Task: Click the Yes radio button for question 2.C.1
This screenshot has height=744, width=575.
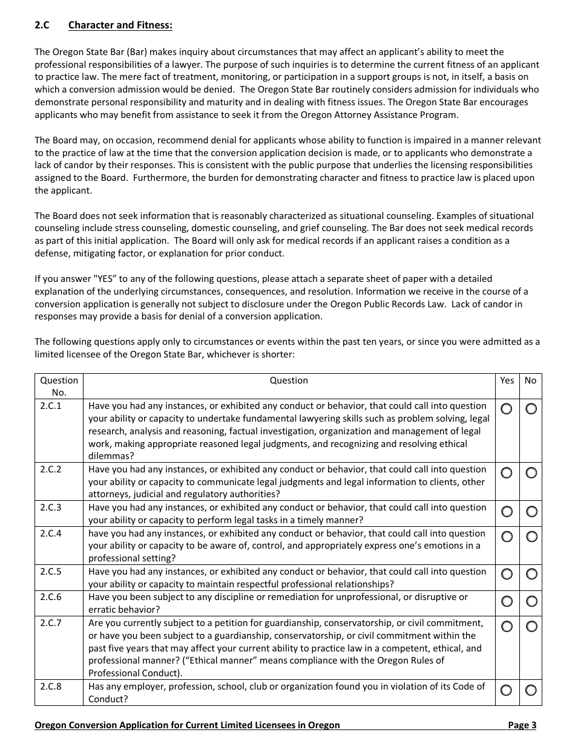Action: click(x=507, y=409)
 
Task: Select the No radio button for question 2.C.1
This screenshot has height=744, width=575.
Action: click(x=531, y=409)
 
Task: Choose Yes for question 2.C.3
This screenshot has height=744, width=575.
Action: click(x=507, y=512)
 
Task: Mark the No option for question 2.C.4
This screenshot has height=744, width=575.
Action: click(x=531, y=537)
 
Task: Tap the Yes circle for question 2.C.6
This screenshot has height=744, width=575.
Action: click(x=507, y=601)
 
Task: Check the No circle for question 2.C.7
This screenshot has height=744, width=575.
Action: click(x=531, y=626)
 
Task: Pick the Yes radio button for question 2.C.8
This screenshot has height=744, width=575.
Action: click(x=507, y=690)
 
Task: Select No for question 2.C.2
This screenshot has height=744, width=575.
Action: click(x=531, y=472)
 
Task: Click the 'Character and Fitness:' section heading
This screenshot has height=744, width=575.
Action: click(x=120, y=25)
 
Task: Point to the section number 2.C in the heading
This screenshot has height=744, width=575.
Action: click(x=42, y=25)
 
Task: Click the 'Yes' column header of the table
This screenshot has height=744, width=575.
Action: click(x=507, y=380)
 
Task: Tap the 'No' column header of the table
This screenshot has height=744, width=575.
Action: click(x=530, y=380)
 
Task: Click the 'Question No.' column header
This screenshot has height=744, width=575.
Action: click(x=59, y=386)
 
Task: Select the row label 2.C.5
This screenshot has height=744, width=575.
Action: click(x=51, y=572)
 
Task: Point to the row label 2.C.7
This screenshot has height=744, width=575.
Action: click(x=51, y=622)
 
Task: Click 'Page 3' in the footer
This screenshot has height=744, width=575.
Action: click(x=522, y=725)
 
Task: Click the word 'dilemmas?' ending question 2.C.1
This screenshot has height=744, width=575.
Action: click(x=111, y=457)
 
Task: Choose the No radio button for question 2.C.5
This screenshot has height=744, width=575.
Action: click(x=531, y=575)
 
